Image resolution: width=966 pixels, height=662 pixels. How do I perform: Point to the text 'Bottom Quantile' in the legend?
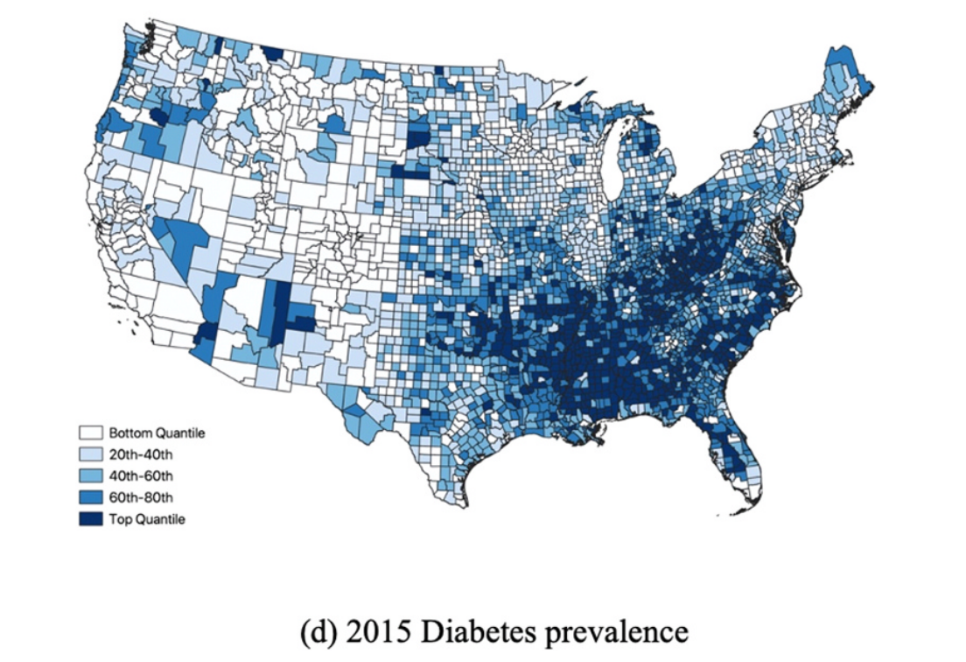(x=157, y=433)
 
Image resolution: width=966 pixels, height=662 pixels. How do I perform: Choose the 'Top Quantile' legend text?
(x=146, y=518)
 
